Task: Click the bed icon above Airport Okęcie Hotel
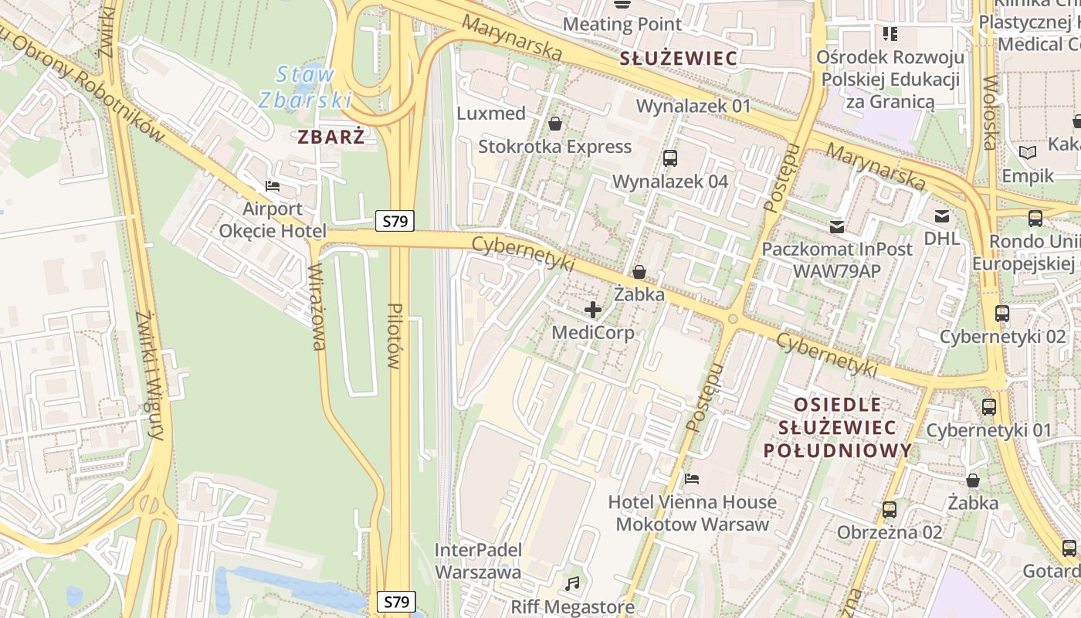[272, 186]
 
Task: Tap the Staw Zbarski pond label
[305, 87]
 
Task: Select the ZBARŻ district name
[331, 137]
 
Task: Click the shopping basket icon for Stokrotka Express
[554, 124]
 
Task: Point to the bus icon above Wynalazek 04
[669, 158]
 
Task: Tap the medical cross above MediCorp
[592, 311]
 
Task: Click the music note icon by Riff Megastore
[572, 583]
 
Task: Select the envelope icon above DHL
[942, 216]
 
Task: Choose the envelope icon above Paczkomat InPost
[837, 227]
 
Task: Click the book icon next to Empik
[1027, 153]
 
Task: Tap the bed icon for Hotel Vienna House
[692, 479]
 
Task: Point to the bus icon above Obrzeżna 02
[890, 510]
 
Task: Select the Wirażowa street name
[317, 307]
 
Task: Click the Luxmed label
[491, 114]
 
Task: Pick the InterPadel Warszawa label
[478, 561]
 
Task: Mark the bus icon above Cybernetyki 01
[989, 407]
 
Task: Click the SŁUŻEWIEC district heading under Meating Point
[679, 58]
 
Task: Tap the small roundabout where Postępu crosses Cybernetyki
[732, 319]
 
